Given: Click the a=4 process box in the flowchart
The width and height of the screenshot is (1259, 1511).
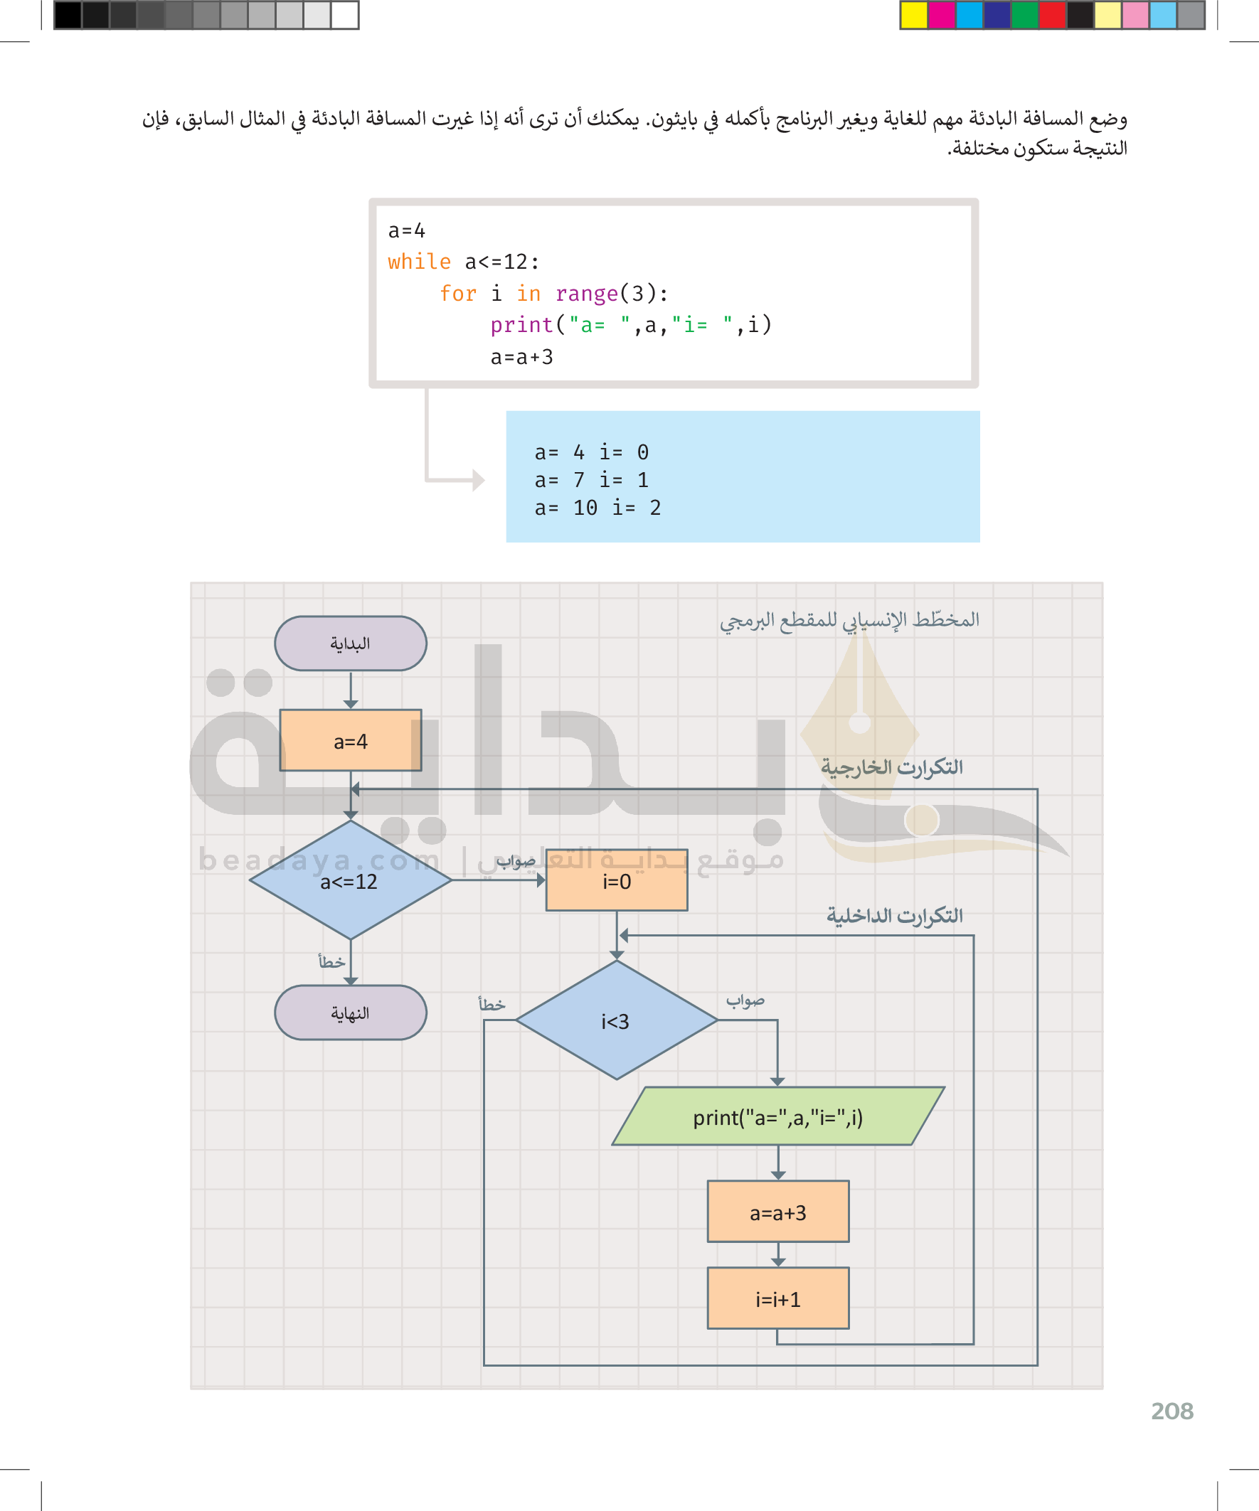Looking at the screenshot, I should point(351,740).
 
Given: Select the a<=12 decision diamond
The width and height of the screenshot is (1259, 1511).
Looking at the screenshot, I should point(350,880).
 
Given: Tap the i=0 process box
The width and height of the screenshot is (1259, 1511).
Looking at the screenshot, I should point(616,881).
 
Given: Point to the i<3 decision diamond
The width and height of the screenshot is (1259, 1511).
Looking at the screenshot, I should point(616,1020).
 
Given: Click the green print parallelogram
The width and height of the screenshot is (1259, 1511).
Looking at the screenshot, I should point(777,1116).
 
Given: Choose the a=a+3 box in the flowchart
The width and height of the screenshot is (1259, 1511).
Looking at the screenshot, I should point(777,1212).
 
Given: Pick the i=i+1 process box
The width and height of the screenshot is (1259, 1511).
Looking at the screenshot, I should point(777,1298).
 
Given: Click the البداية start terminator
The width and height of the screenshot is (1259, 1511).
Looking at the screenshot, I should point(351,644).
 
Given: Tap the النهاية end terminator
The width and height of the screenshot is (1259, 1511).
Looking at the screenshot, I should point(351,1013).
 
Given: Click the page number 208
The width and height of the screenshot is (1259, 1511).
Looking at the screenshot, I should point(1172,1411).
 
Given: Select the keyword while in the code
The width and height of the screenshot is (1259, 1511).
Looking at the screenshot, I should point(419,262).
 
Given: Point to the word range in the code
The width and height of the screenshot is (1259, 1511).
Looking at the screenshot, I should point(587,294).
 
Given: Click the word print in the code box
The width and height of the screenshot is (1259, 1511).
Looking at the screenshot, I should point(522,325).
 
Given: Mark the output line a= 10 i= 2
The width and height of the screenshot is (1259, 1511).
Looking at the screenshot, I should point(597,508).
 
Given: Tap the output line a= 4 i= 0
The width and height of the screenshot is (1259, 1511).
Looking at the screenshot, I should point(591,452).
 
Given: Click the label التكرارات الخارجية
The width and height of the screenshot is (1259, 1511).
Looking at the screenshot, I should point(891,768).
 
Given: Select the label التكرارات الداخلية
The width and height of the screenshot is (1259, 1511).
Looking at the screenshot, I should point(894,916).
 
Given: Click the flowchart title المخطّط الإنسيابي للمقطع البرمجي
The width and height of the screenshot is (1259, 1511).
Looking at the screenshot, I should point(849,620).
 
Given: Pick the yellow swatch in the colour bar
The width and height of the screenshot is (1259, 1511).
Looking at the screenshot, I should point(913,15).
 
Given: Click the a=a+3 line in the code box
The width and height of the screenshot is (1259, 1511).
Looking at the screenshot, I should point(522,357).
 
